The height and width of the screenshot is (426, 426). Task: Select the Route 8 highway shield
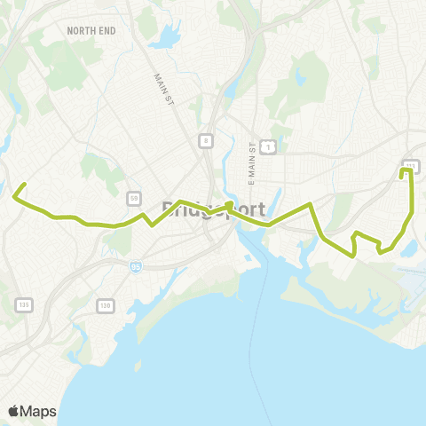(x=205, y=140)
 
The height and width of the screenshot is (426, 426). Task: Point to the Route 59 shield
(x=132, y=197)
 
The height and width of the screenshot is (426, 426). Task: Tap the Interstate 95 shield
(x=136, y=265)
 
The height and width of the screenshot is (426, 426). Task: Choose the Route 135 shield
(x=24, y=305)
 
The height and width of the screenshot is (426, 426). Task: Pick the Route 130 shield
(x=106, y=305)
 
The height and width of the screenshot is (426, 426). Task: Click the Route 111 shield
(x=411, y=165)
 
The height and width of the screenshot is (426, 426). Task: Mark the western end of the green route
(x=24, y=185)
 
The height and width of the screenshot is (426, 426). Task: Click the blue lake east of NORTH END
(x=165, y=41)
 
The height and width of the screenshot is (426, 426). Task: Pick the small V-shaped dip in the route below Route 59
(x=152, y=225)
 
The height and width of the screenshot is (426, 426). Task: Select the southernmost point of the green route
(x=354, y=255)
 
